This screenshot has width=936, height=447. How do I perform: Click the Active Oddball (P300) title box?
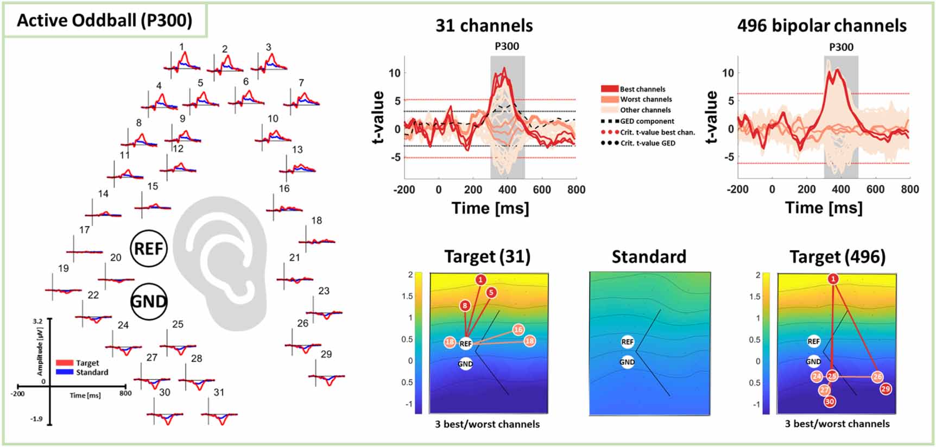coord(105,21)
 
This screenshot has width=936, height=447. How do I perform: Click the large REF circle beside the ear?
coord(149,248)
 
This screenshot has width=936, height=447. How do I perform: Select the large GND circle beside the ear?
coord(149,301)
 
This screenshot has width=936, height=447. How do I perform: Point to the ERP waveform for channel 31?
coord(220,416)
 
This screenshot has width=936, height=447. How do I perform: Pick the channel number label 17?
coord(84,230)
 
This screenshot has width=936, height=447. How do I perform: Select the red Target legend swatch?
coord(64,363)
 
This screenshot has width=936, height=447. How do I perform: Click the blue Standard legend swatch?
coord(64,372)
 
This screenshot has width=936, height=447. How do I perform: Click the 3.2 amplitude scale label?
coord(37,321)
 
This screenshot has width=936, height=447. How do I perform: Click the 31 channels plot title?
coord(484,26)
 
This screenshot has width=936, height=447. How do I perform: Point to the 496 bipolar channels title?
coord(821,26)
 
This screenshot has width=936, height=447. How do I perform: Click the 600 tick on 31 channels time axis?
coord(541,190)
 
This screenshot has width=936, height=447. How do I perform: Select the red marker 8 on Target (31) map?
coord(465,306)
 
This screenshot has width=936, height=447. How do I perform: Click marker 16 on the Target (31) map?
coord(518,330)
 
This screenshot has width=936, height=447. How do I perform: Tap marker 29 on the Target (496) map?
coord(886,389)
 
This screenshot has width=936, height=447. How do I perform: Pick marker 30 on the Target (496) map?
coord(830,401)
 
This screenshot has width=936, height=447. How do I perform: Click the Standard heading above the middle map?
coord(649,256)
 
